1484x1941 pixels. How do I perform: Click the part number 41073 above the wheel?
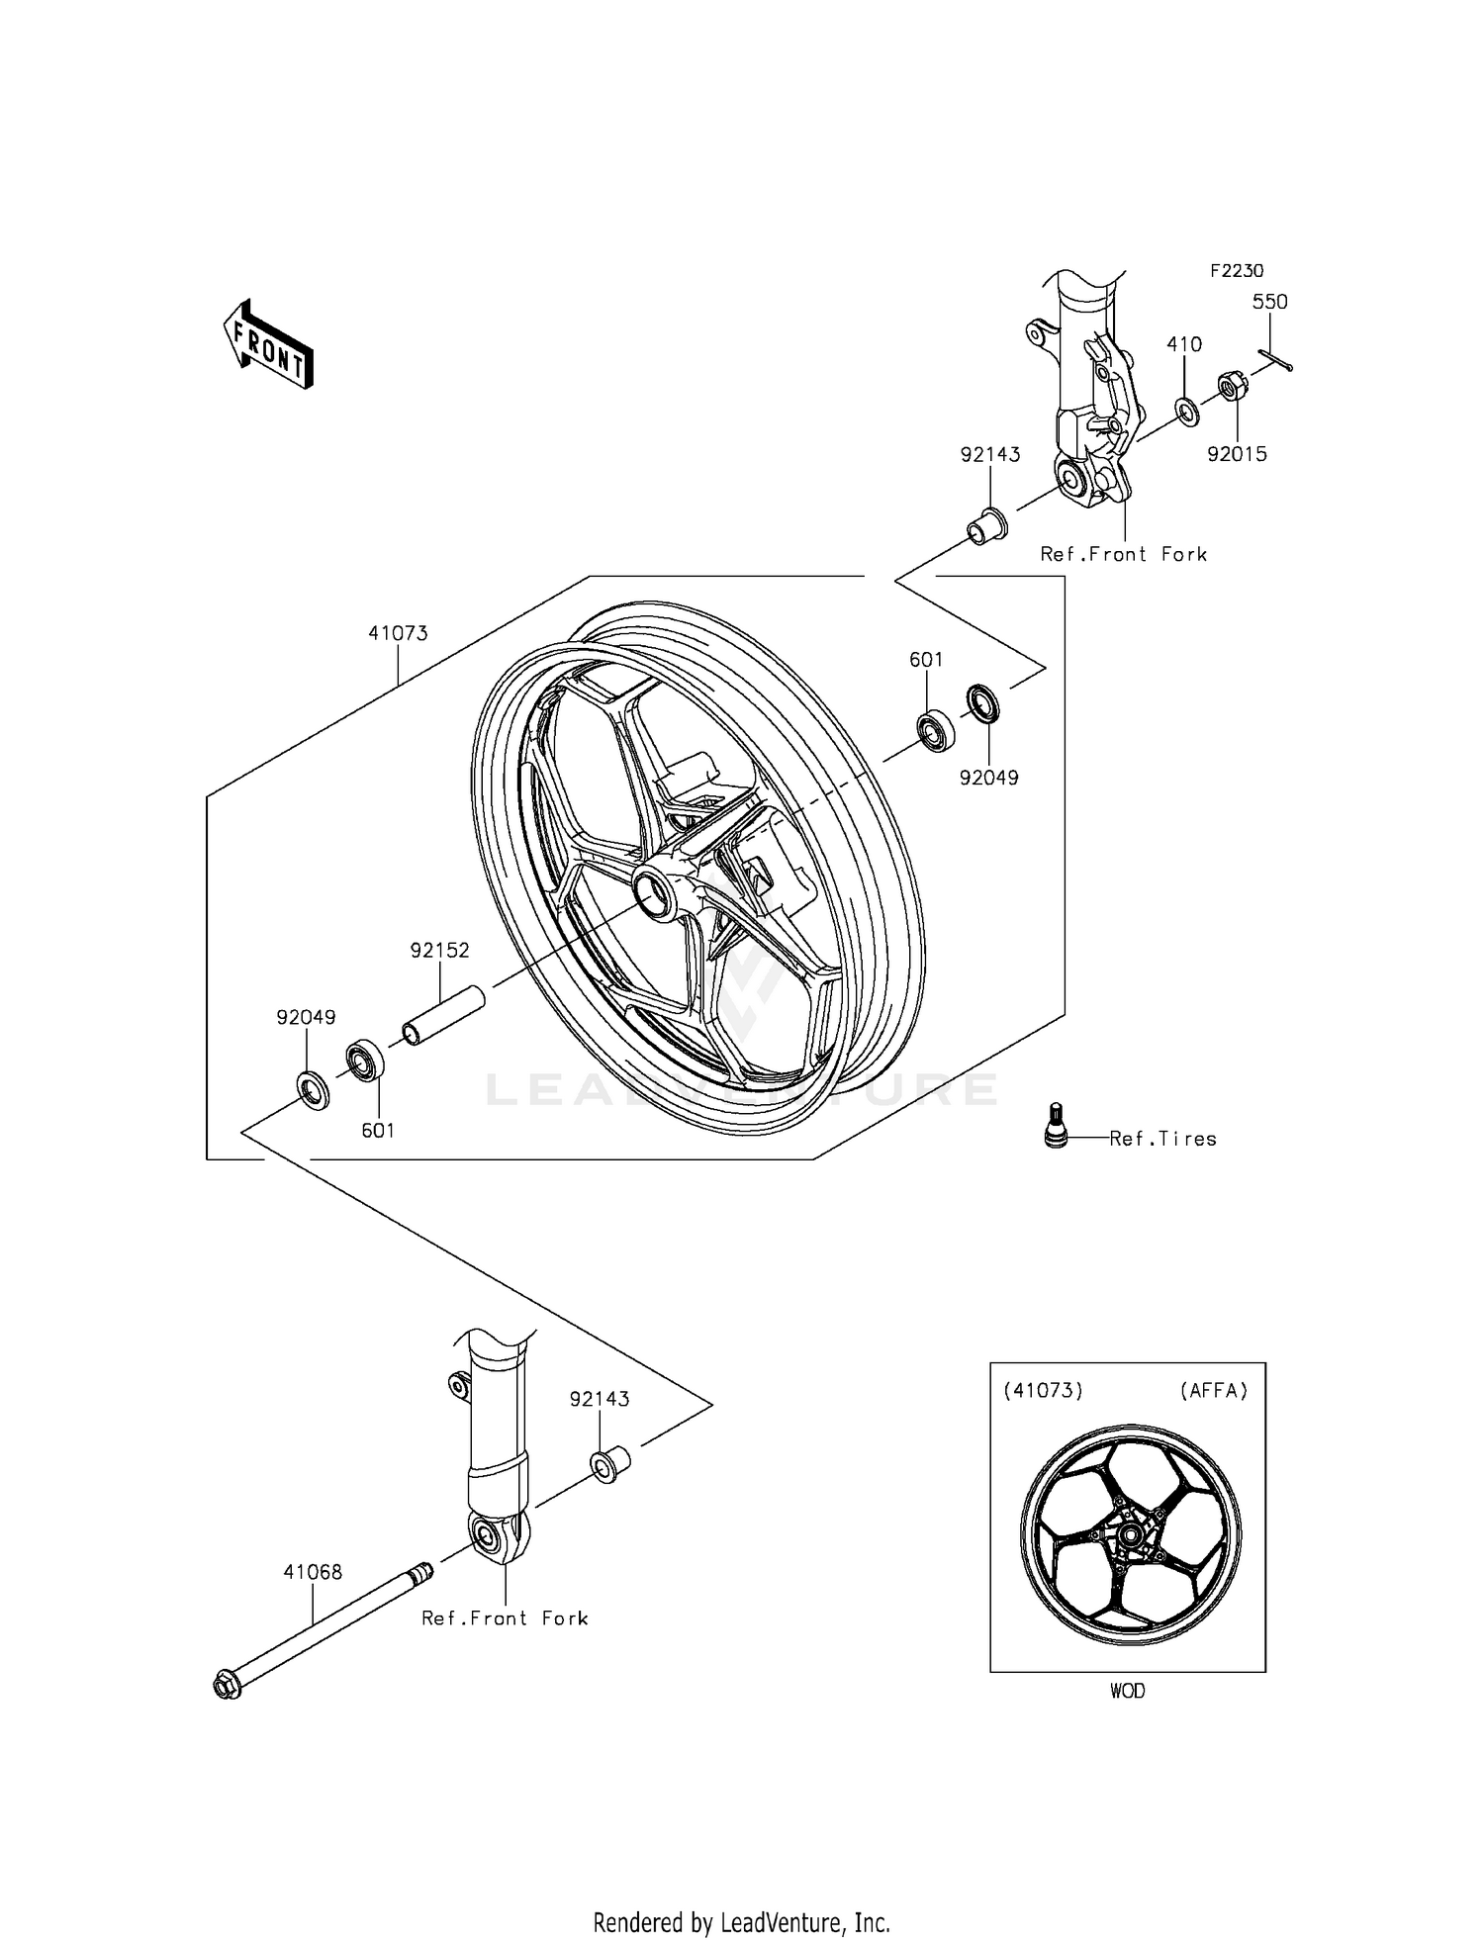coord(398,633)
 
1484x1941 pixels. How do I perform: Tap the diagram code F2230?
coord(1236,270)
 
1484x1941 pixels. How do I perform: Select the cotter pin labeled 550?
coord(1275,362)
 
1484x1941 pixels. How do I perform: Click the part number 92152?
coord(439,950)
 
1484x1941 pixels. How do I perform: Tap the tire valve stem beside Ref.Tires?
coord(1056,1126)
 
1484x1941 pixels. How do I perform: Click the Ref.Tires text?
coord(1162,1139)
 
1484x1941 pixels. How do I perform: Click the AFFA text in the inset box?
coord(1213,1390)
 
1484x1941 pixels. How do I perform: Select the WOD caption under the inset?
coord(1127,1691)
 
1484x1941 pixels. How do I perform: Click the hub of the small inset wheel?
coord(1128,1534)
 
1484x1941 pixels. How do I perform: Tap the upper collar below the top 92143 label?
coord(986,525)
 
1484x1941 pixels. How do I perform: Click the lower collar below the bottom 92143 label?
coord(610,1462)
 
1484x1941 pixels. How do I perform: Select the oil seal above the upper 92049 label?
coord(982,702)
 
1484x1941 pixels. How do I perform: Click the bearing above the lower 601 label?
coord(365,1061)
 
